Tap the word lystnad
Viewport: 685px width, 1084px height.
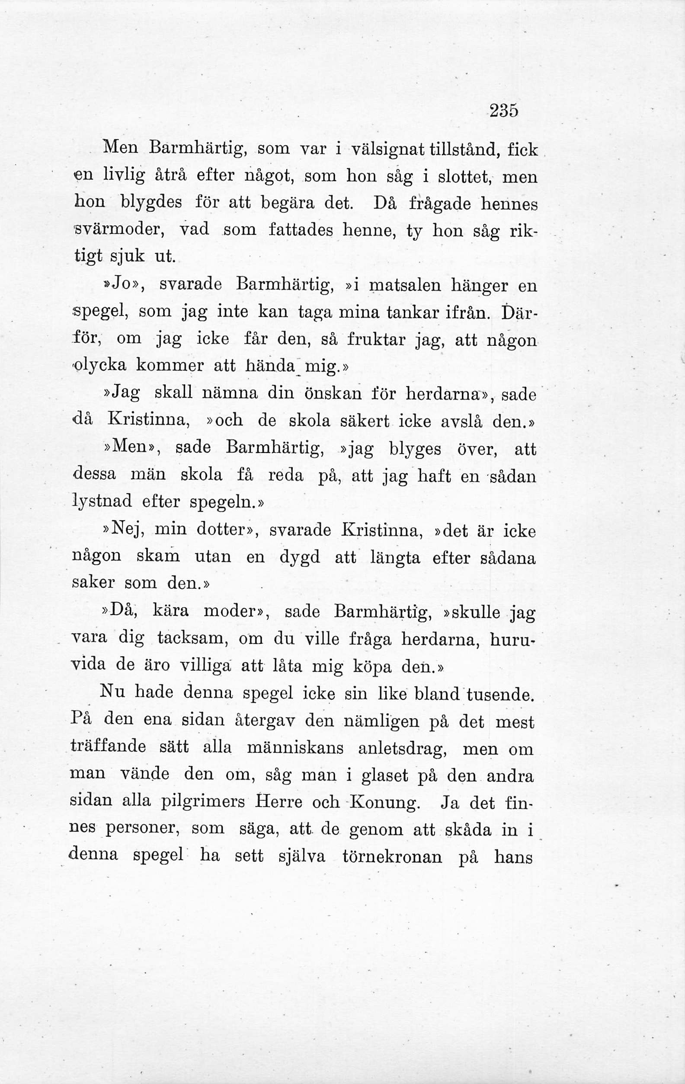point(101,501)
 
